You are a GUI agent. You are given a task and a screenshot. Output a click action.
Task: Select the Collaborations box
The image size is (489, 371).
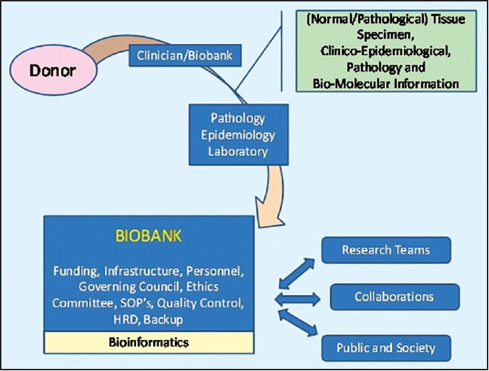tap(394, 297)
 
